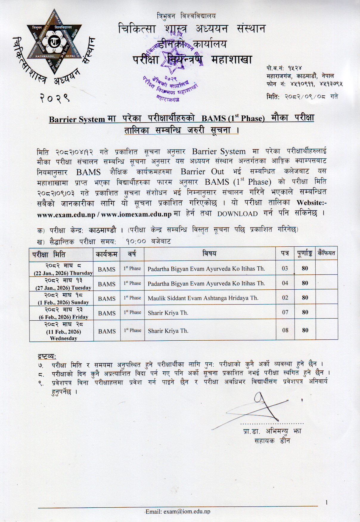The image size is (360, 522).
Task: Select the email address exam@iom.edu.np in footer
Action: pyautogui.click(x=178, y=511)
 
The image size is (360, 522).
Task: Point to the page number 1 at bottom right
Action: pyautogui.click(x=327, y=502)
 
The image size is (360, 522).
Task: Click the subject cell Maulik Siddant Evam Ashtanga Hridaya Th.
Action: pyautogui.click(x=203, y=298)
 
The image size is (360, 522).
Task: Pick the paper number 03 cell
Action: pyautogui.click(x=285, y=268)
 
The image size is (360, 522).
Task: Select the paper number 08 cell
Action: pyautogui.click(x=285, y=331)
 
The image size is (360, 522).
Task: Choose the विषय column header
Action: pyautogui.click(x=210, y=254)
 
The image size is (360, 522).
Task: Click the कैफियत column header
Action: pyautogui.click(x=326, y=254)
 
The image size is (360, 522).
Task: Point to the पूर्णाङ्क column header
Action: pyautogui.click(x=305, y=254)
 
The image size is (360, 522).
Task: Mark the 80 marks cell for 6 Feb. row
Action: pyautogui.click(x=305, y=313)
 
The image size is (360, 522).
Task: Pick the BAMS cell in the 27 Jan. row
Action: pyautogui.click(x=106, y=284)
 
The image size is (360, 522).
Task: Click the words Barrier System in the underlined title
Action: pyautogui.click(x=77, y=119)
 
